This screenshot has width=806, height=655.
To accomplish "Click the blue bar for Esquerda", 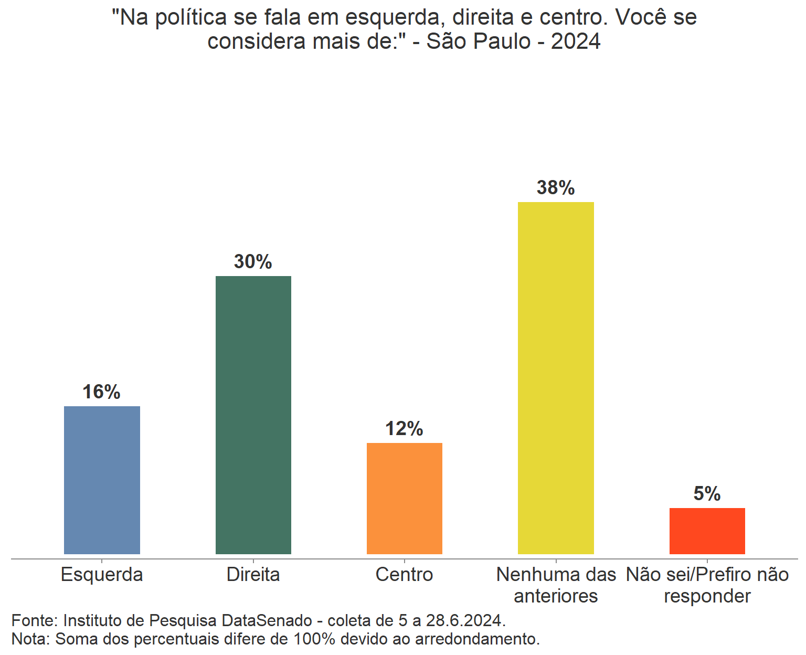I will (102, 480).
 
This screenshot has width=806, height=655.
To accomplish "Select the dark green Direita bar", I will (253, 415).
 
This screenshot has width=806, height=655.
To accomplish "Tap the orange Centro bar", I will (404, 498).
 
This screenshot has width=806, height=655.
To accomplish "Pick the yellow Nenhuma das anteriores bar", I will (556, 378).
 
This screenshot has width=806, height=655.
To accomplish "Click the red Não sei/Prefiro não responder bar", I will (707, 531).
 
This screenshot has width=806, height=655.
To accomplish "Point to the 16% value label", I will (101, 392).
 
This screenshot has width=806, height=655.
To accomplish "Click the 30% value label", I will (253, 262).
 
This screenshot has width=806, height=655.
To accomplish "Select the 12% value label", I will (404, 429).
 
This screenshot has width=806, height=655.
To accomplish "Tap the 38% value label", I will (556, 188).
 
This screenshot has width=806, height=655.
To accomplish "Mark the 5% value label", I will (707, 494).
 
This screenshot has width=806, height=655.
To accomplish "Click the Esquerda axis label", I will (102, 575).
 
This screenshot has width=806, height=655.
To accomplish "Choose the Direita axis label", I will (253, 575).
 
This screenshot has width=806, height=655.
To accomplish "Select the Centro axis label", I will (404, 575).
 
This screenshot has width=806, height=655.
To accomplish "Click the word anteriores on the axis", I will (556, 596).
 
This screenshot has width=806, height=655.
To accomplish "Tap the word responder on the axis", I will (707, 596).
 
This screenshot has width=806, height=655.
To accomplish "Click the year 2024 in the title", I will (576, 41).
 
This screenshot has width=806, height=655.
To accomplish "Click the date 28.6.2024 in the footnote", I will (465, 620).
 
